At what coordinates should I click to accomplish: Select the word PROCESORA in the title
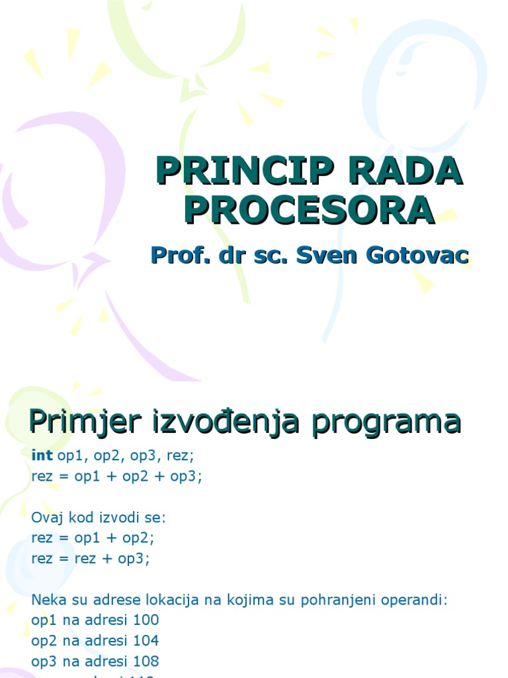[x=310, y=210]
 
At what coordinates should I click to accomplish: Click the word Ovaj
[x=46, y=517]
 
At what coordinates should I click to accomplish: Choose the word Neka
[x=46, y=601]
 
